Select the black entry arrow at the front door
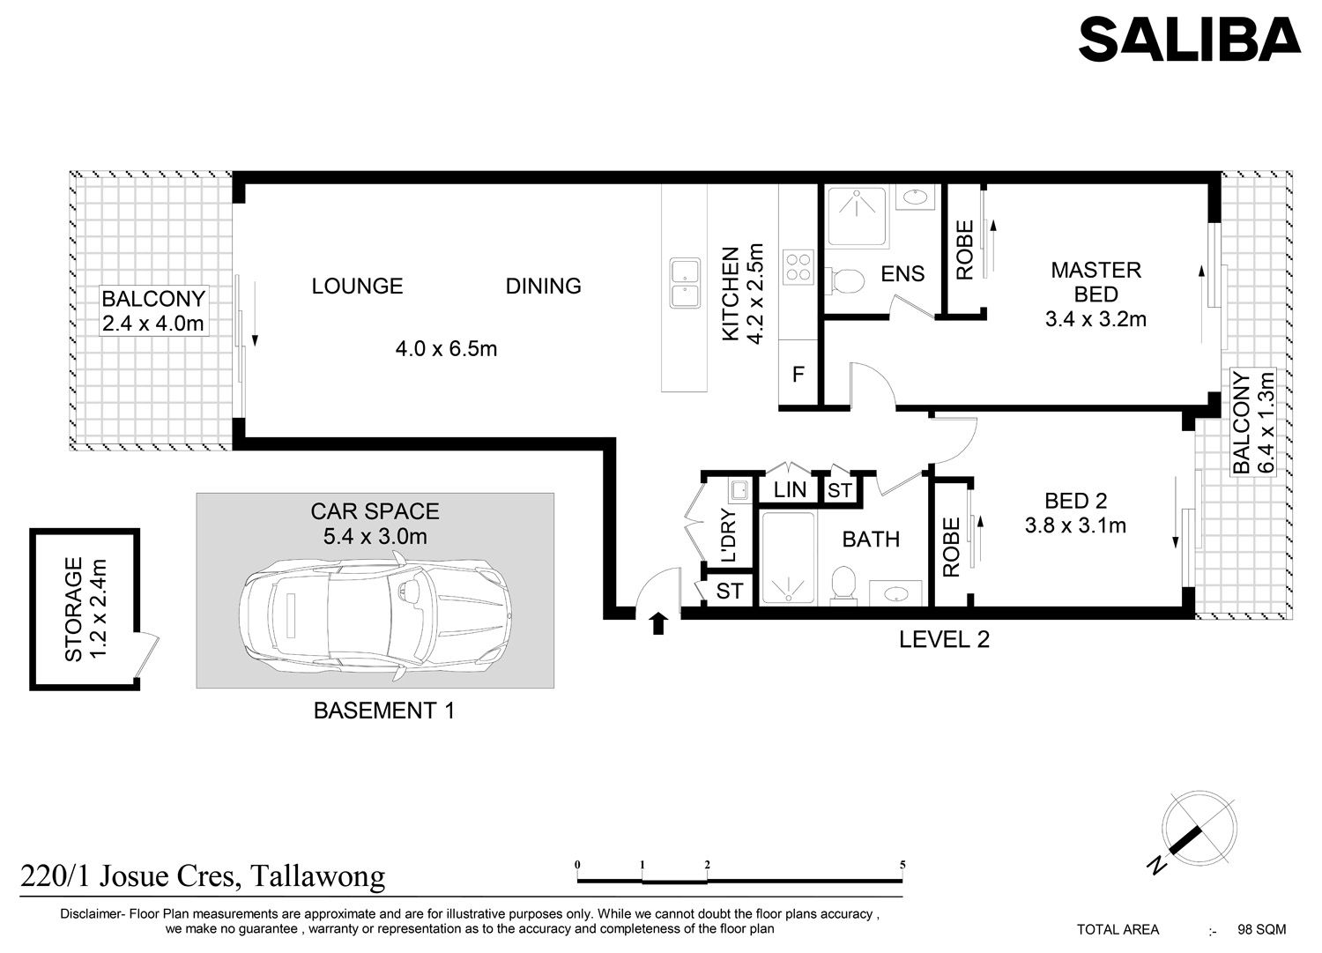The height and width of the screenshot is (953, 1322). tap(658, 623)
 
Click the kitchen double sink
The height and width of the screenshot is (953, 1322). tap(685, 283)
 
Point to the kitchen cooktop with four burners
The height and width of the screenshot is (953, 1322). tap(798, 267)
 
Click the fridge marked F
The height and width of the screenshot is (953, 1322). tap(798, 374)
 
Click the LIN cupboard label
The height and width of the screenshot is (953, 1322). tap(790, 489)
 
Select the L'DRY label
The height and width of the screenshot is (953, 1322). tap(730, 535)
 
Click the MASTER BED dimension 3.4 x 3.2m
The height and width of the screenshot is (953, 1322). tap(1096, 319)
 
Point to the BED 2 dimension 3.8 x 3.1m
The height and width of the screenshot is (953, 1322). tap(1075, 525)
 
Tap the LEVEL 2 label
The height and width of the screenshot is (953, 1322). tap(944, 639)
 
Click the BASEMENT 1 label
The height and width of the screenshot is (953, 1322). tap(384, 711)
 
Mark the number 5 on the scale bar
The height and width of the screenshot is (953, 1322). tap(902, 865)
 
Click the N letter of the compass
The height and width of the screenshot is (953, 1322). tap(1157, 866)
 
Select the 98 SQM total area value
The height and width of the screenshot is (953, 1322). tap(1262, 929)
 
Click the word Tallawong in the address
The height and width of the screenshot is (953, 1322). tap(317, 877)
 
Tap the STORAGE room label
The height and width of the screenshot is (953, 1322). tap(73, 609)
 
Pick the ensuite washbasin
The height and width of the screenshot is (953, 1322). tap(915, 197)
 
